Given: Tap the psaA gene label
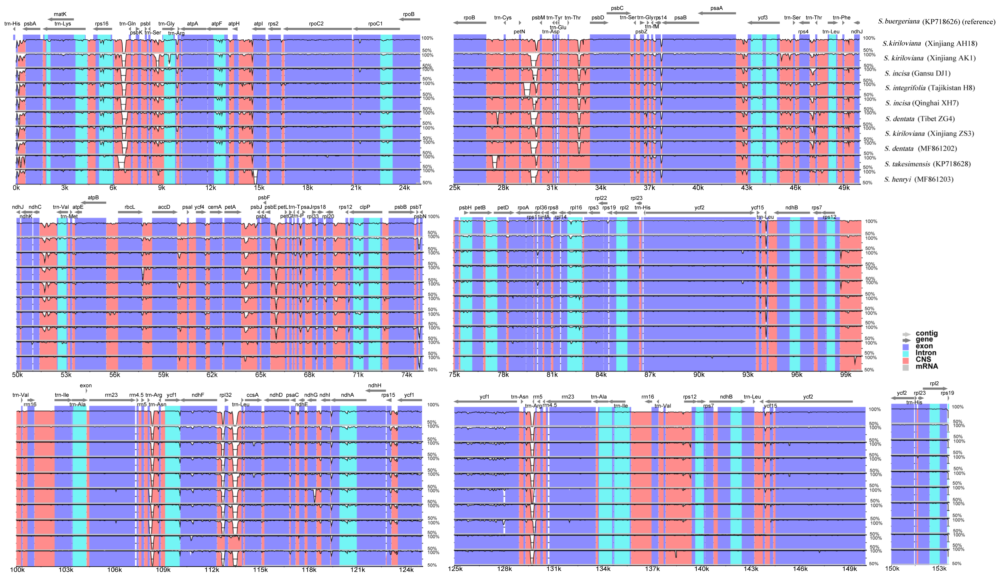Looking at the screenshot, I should click(716, 8).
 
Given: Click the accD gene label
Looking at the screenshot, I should click(164, 207).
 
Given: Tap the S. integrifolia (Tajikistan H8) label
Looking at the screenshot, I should click(929, 88).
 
